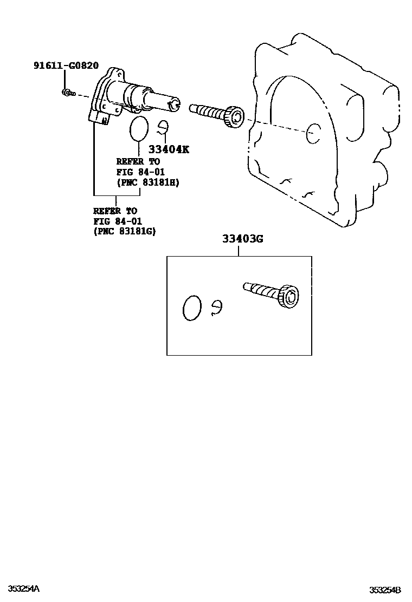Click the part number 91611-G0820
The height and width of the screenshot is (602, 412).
click(x=66, y=66)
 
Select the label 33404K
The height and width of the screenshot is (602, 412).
click(x=169, y=149)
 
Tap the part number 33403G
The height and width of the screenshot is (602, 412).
click(x=242, y=239)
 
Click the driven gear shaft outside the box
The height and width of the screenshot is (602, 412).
click(x=209, y=112)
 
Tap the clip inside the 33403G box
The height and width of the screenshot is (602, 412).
click(x=216, y=306)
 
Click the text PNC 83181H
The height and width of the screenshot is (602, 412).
click(x=148, y=182)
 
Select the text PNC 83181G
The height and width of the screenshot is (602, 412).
click(x=124, y=231)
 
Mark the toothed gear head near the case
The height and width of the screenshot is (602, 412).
click(x=236, y=117)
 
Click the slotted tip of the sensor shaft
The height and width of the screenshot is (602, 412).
click(x=173, y=103)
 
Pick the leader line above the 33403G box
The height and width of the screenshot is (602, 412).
click(x=239, y=250)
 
